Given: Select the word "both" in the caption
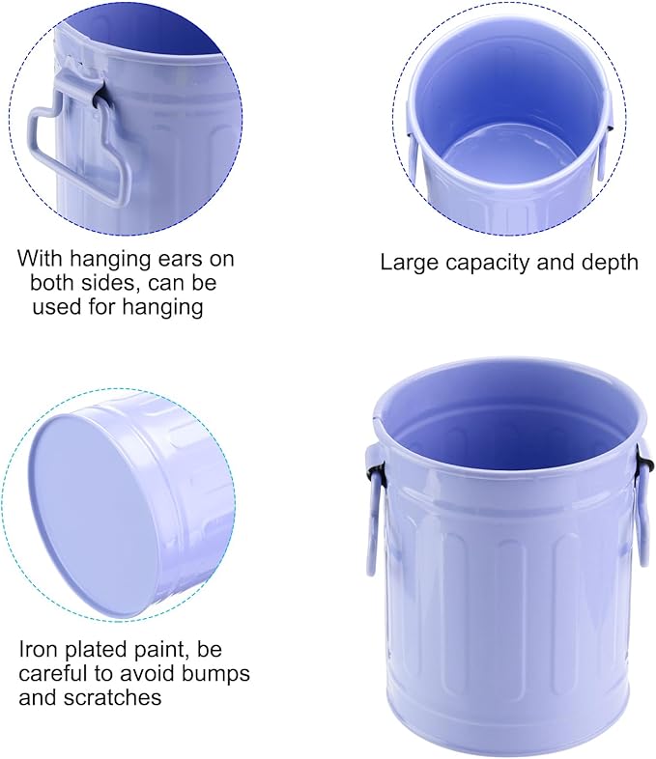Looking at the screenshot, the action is point(51,283).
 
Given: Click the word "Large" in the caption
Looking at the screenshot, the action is point(408,263).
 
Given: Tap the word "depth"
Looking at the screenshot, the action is point(610,263).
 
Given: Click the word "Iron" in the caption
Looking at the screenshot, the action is point(39,650).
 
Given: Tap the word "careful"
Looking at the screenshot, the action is point(48,673).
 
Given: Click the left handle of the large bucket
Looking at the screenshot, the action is point(373,508).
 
